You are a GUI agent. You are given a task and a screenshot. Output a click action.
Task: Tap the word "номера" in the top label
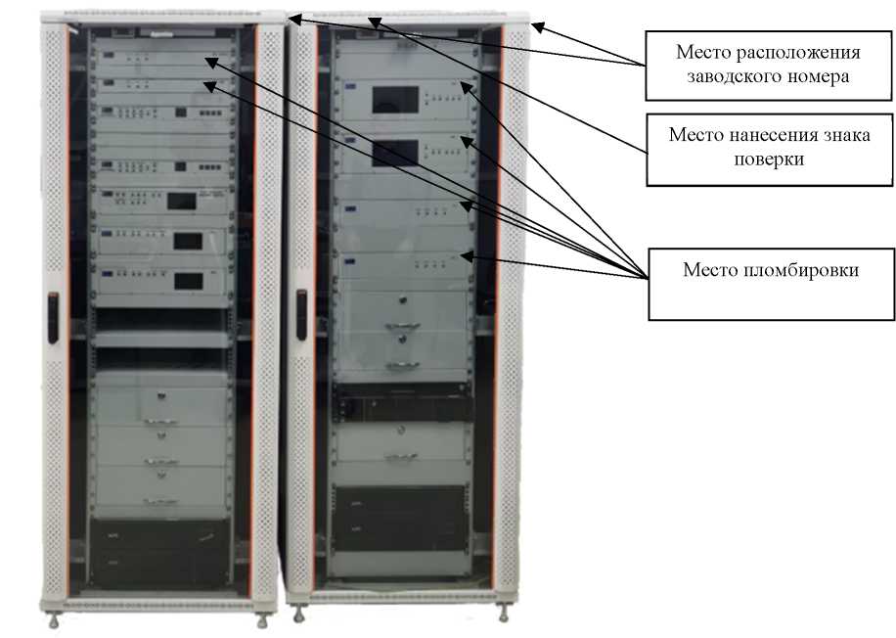pyautogui.click(x=821, y=76)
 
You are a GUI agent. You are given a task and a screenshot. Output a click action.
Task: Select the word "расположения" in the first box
pyautogui.click(x=798, y=53)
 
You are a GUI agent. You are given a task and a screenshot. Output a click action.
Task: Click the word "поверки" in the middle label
pyautogui.click(x=769, y=159)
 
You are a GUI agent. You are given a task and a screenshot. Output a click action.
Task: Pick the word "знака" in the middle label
pyautogui.click(x=849, y=135)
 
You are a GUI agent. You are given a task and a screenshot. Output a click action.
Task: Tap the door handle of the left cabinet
pyautogui.click(x=53, y=318)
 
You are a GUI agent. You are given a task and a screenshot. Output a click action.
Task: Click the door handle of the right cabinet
pyautogui.click(x=301, y=314)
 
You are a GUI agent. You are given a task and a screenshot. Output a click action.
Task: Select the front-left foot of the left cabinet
pyautogui.click(x=54, y=619)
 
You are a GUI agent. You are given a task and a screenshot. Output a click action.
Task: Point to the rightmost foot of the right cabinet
pyautogui.click(x=504, y=613)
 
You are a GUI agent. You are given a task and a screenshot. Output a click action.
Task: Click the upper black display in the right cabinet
pyautogui.click(x=395, y=100)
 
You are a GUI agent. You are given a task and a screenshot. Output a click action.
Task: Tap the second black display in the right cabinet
pyautogui.click(x=395, y=153)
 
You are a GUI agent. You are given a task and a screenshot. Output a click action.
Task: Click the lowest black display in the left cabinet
pyautogui.click(x=189, y=281)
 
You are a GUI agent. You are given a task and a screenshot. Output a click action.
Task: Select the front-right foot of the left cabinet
pyautogui.click(x=262, y=620)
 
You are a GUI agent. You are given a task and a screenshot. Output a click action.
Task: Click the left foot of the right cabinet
pyautogui.click(x=298, y=613)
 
